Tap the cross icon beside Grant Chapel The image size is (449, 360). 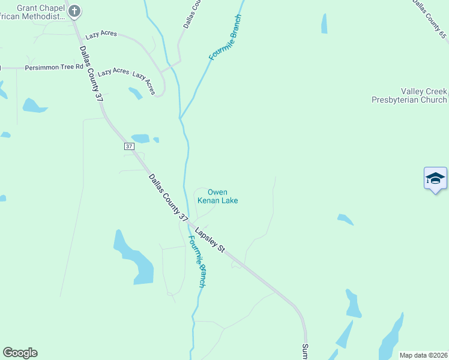point(74,11)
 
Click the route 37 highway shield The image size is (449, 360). point(129,146)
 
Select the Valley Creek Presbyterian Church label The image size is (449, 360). point(409,95)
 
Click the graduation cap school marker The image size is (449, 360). point(435,179)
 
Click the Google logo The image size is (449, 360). point(20,353)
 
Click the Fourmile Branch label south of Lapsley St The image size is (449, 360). point(197,261)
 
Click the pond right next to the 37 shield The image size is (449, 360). point(140,138)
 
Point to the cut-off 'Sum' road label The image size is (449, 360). point(305,352)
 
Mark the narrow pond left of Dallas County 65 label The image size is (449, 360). point(324,23)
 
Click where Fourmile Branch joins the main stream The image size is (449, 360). point(180,116)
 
